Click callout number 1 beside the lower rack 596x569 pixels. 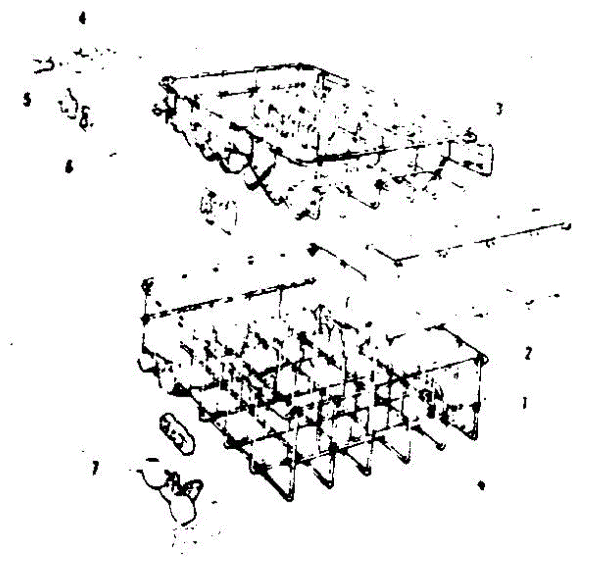point(524,402)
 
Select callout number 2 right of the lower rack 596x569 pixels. point(528,353)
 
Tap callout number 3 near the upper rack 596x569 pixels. point(499,109)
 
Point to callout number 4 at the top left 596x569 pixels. point(82,19)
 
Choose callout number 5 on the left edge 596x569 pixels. point(27,100)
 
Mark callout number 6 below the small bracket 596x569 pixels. point(69,167)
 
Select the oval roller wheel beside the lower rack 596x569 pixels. point(176,433)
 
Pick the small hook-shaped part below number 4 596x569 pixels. point(45,65)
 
